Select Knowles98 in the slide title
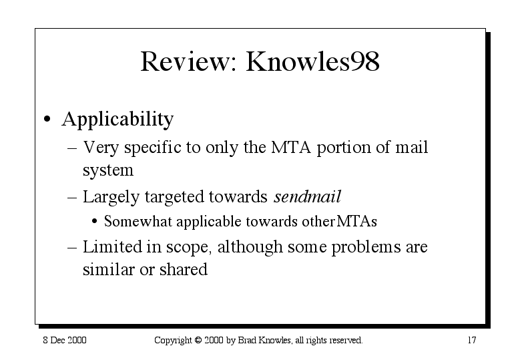[x=312, y=61]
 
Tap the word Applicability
[x=117, y=120]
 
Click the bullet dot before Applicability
[x=47, y=119]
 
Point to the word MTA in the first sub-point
[x=291, y=147]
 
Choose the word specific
[x=153, y=148]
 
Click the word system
[x=108, y=170]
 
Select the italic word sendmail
[x=307, y=196]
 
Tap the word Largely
[x=111, y=197]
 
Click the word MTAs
[x=357, y=221]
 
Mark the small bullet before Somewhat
[x=95, y=221]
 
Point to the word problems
[x=366, y=247]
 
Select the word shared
[x=184, y=269]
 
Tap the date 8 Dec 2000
[x=65, y=340]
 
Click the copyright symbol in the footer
[x=198, y=340]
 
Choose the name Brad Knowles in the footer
[x=264, y=341]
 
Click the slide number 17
[x=472, y=340]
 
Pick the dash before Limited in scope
[x=72, y=248]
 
